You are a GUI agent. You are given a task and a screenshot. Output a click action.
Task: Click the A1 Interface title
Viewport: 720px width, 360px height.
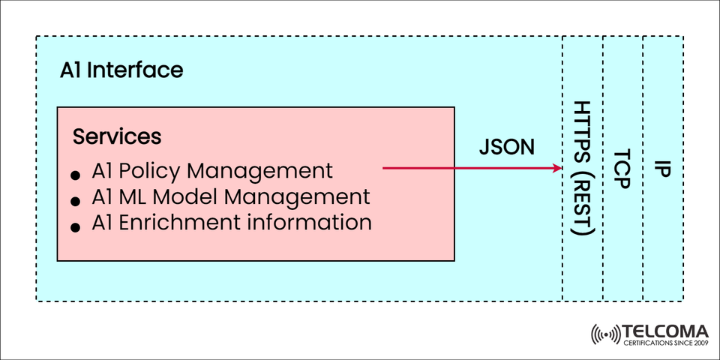pyautogui.click(x=121, y=70)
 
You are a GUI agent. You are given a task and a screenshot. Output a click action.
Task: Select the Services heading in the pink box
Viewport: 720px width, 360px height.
pyautogui.click(x=117, y=137)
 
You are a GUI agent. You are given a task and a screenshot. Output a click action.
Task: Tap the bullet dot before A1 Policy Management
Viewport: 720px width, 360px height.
pyautogui.click(x=76, y=175)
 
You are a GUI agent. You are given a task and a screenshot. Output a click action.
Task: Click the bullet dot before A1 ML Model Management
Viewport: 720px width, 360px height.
pyautogui.click(x=76, y=201)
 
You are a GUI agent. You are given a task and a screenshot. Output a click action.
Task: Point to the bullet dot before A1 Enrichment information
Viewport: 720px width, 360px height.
pyautogui.click(x=76, y=226)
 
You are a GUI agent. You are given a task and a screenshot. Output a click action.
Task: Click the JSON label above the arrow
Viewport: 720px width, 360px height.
pyautogui.click(x=507, y=147)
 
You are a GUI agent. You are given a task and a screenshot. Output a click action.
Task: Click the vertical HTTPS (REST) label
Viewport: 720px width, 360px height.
pyautogui.click(x=583, y=168)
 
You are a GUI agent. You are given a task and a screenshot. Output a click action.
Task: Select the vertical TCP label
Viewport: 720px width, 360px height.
pyautogui.click(x=622, y=168)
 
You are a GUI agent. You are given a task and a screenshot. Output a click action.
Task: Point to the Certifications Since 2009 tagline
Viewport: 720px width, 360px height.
pyautogui.click(x=665, y=343)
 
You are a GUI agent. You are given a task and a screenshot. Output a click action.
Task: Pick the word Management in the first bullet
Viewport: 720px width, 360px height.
pyautogui.click(x=259, y=171)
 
